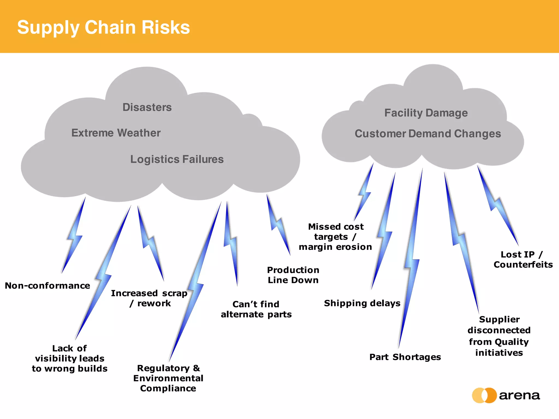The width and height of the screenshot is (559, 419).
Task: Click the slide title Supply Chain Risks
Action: (x=103, y=27)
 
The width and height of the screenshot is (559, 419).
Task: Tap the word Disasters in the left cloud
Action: (x=147, y=107)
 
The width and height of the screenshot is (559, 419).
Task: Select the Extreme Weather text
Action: (x=116, y=133)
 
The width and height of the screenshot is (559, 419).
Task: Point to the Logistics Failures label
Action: (x=177, y=159)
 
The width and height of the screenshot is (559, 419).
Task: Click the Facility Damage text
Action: (x=426, y=113)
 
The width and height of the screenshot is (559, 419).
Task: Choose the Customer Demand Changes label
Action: (x=428, y=134)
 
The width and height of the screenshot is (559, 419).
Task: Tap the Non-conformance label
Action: (x=47, y=286)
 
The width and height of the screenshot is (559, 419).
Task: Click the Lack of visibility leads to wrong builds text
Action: (x=70, y=358)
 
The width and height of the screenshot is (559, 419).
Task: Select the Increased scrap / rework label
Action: (x=149, y=298)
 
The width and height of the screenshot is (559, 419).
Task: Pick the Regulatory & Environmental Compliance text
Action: (x=168, y=378)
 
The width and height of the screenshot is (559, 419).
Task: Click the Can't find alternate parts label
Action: (x=256, y=309)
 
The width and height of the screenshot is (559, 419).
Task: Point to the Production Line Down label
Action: (x=293, y=275)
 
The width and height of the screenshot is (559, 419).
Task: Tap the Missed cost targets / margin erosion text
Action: (x=335, y=237)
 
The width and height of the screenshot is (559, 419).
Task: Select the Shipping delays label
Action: (x=362, y=303)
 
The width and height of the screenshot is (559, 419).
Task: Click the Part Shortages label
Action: (x=405, y=357)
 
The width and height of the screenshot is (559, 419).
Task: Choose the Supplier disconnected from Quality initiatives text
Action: (x=499, y=336)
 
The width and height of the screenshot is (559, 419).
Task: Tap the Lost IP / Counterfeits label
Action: (x=523, y=259)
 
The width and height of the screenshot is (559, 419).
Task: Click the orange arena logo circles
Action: (x=484, y=395)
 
